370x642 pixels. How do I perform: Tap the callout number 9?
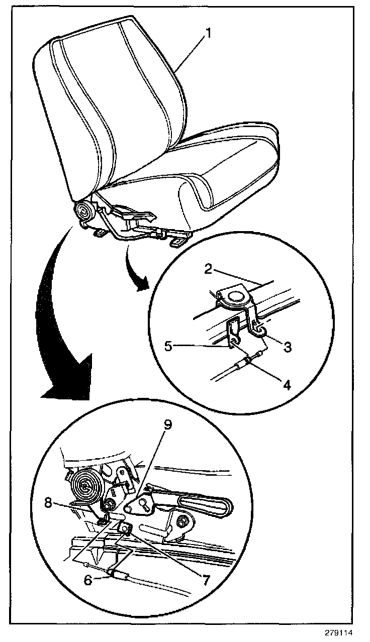[x=167, y=424]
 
